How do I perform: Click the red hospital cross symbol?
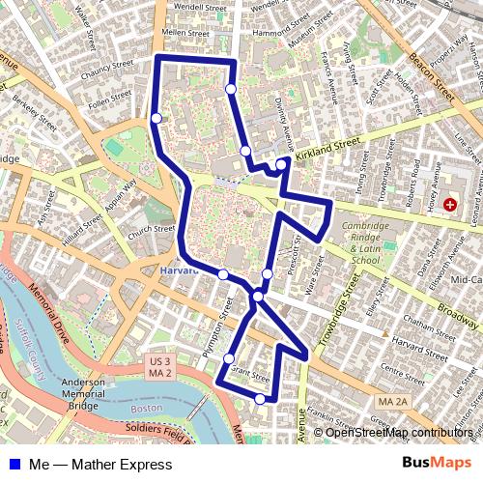point(450,205)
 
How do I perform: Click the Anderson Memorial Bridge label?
point(83,392)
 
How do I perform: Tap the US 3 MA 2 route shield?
point(159,367)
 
